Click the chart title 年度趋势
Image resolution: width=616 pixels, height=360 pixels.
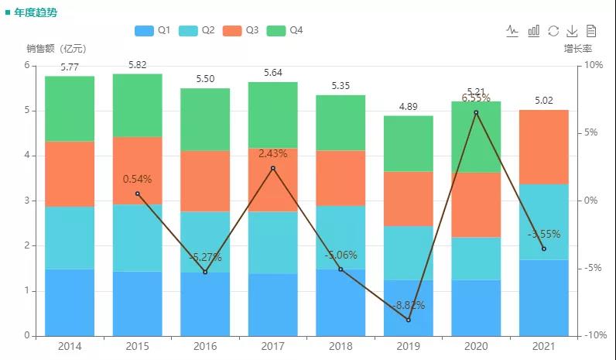[x=36, y=13]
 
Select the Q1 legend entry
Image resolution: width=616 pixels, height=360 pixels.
[x=152, y=30]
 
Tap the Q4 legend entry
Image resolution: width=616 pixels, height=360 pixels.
[x=286, y=30]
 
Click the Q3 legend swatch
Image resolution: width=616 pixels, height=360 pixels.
[x=232, y=30]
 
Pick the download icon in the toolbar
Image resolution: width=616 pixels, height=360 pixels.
[x=573, y=31]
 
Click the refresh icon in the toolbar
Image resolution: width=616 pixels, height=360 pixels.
[x=553, y=31]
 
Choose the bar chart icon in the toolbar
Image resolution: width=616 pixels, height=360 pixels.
[x=534, y=31]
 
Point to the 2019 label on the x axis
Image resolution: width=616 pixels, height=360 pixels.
[x=408, y=346]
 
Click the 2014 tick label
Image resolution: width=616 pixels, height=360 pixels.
[x=70, y=346]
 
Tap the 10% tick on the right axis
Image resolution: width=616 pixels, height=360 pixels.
[x=593, y=66]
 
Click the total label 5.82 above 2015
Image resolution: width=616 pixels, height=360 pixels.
[x=138, y=65]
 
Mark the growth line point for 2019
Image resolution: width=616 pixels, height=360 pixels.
[x=409, y=320]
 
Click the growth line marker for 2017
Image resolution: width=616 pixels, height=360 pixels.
[x=273, y=168]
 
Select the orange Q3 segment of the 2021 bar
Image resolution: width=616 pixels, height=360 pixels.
[x=544, y=147]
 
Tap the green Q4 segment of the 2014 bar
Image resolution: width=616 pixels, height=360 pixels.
[x=70, y=108]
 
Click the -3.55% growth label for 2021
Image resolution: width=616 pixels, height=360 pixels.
[x=544, y=234]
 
